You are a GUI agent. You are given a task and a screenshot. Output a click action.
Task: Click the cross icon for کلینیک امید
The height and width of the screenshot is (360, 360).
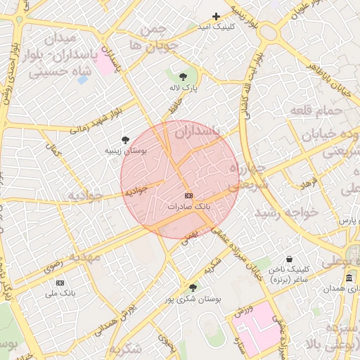217,16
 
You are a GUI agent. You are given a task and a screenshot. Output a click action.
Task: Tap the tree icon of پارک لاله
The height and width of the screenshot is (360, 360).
184,76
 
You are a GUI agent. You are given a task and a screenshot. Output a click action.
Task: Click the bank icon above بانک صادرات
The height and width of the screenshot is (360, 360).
188,195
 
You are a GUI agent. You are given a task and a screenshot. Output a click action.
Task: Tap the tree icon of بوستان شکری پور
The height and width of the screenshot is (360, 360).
193,288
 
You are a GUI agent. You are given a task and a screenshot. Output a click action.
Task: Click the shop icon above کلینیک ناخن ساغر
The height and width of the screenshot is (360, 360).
290,259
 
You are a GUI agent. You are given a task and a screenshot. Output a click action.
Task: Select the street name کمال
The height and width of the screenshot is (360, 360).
52,150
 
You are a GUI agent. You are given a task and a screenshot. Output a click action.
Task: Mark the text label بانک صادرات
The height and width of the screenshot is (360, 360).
188,207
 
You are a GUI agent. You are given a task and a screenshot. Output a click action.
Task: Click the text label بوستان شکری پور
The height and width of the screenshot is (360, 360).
193,300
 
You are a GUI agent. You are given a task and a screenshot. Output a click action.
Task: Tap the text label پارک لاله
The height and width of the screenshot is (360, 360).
184,89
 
